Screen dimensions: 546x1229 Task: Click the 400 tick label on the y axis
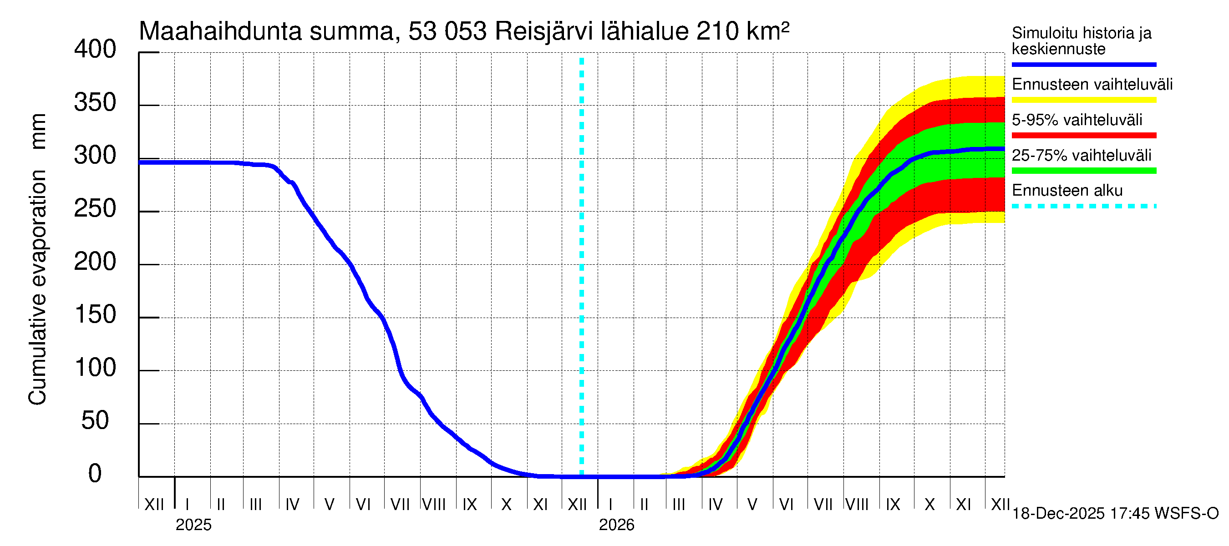pos(95,50)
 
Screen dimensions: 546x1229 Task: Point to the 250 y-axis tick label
pos(95,209)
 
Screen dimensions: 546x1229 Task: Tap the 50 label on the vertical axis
pos(95,420)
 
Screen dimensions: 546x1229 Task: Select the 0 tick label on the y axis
pos(95,474)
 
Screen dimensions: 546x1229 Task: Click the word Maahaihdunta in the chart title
pos(220,31)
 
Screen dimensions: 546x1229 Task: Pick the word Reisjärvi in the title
pos(543,31)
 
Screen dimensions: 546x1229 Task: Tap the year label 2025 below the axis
pos(193,525)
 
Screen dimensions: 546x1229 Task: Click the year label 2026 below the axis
pos(616,525)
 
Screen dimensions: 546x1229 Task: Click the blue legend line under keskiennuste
pos(1083,64)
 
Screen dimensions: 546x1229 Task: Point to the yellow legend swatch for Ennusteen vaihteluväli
pos(1083,100)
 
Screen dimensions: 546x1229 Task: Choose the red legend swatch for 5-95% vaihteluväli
pos(1083,136)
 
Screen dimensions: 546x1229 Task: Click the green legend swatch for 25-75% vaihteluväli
pos(1083,171)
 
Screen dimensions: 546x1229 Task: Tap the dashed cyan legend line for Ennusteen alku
pos(1083,207)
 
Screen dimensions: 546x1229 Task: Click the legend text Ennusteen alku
pos(1067,191)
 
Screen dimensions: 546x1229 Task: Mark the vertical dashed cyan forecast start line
pos(582,267)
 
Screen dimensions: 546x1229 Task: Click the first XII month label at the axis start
pos(154,505)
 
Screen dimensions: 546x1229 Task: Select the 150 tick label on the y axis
pos(95,315)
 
